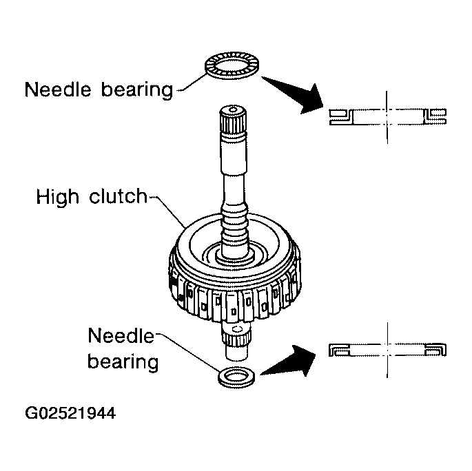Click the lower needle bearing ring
pyautogui.click(x=236, y=383)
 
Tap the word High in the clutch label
pyautogui.click(x=57, y=197)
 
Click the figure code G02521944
pyautogui.click(x=70, y=413)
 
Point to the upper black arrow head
pyautogui.click(x=310, y=99)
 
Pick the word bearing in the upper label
pyautogui.click(x=137, y=90)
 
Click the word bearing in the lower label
pyautogui.click(x=123, y=362)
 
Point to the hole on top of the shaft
pyautogui.click(x=233, y=109)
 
